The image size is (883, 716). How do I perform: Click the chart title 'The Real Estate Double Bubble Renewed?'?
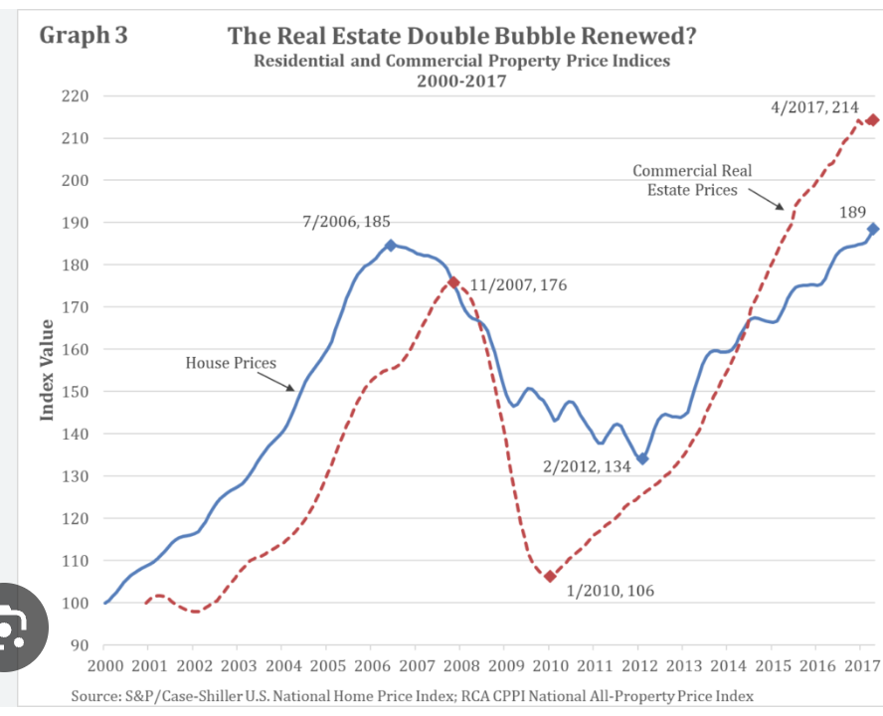(x=462, y=37)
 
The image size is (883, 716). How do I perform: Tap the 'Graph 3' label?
(x=83, y=36)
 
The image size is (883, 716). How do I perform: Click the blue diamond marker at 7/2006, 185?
(x=390, y=245)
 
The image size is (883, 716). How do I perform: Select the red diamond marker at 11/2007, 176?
(x=453, y=282)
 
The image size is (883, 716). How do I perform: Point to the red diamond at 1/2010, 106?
(x=550, y=576)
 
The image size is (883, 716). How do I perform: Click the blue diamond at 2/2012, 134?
(x=642, y=458)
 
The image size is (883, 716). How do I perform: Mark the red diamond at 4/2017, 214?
(x=872, y=120)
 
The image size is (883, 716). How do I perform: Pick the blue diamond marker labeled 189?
(x=873, y=229)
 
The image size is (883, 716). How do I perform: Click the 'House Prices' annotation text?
(x=231, y=363)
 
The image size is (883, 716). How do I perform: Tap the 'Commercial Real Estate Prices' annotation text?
(x=692, y=180)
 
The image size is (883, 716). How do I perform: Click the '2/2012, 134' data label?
(x=587, y=466)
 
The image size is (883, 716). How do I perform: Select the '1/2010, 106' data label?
(x=611, y=591)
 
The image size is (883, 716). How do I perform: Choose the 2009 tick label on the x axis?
(x=506, y=664)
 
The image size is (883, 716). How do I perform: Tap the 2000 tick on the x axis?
(x=105, y=664)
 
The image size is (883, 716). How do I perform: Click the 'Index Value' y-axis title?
(x=47, y=370)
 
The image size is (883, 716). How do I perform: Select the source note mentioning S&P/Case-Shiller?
(x=413, y=695)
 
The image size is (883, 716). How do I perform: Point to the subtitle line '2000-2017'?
(x=462, y=81)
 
